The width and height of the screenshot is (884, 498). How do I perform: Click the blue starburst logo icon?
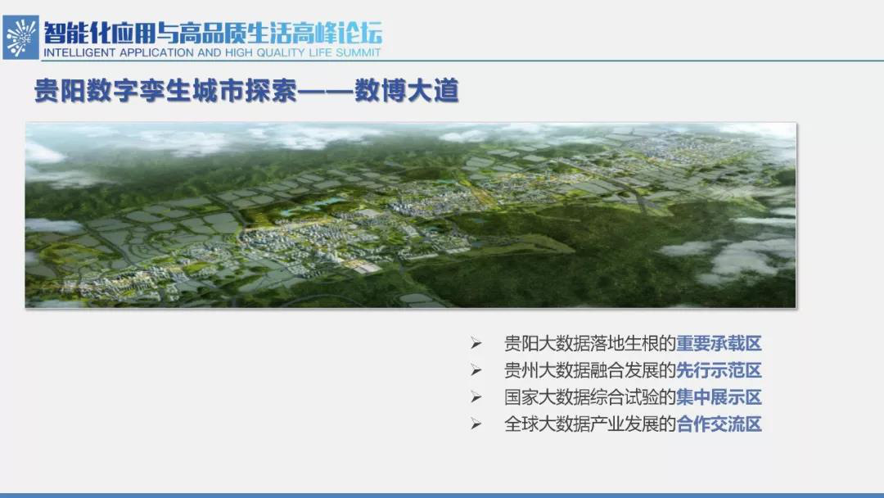pos(20,37)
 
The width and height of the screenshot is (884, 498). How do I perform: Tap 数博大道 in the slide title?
pos(407,91)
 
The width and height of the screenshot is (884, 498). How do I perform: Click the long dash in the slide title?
pos(325,92)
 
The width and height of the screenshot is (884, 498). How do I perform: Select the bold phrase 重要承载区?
pos(719,343)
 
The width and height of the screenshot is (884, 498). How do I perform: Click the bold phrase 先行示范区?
pos(719,370)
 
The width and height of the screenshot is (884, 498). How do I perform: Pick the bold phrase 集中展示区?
pos(719,397)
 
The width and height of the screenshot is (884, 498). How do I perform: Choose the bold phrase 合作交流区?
pos(719,424)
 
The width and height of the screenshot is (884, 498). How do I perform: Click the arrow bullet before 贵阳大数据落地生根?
pos(476,343)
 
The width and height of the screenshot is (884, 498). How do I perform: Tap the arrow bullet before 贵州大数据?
pos(476,370)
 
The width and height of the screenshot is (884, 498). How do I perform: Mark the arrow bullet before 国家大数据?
pos(476,397)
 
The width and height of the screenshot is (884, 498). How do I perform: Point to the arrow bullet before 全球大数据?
pos(476,424)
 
